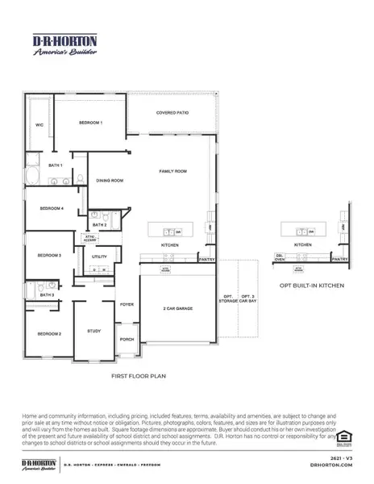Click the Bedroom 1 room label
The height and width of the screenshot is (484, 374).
[x=90, y=123]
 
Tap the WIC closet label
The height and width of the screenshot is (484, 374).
[x=39, y=125]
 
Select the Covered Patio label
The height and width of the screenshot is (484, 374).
[x=172, y=114]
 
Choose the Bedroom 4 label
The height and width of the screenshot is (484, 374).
[x=51, y=209]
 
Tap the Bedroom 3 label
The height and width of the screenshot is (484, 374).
[x=49, y=256]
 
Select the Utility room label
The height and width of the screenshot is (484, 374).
[x=99, y=257]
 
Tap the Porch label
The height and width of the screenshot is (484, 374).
[x=127, y=340]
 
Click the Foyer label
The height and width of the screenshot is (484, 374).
[x=127, y=305]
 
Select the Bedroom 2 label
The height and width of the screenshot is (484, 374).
[x=49, y=333]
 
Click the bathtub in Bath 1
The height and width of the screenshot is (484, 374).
[x=34, y=174]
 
